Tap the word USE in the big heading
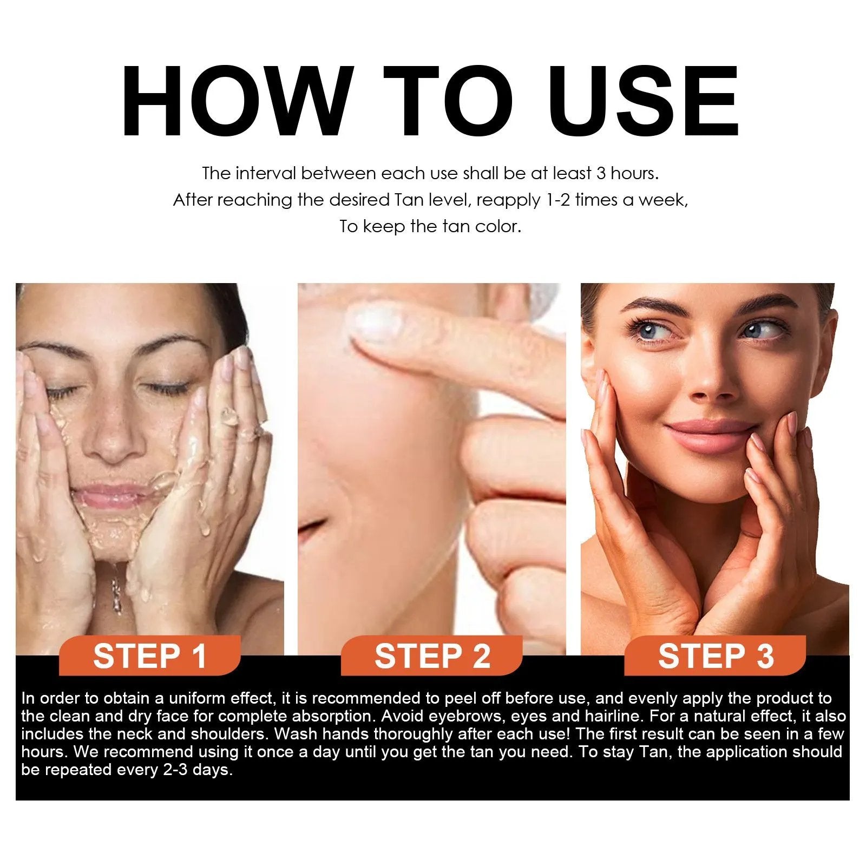(646, 101)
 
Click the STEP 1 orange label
(150, 656)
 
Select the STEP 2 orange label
(432, 656)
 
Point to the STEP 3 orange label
(716, 656)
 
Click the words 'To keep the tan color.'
(430, 226)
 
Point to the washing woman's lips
(113, 495)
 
